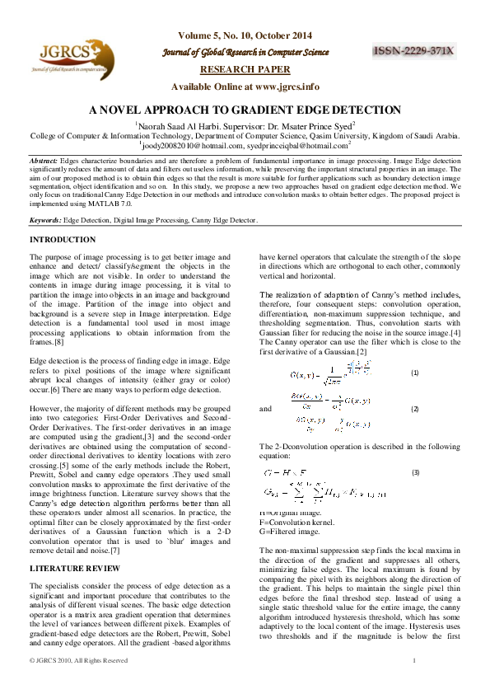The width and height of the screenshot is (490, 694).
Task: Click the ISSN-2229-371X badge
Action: (x=414, y=51)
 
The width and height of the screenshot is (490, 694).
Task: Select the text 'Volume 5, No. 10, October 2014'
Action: (x=245, y=35)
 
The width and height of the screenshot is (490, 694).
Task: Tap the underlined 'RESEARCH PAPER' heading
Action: (x=245, y=69)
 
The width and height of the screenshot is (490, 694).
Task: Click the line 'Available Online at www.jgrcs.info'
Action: (x=245, y=87)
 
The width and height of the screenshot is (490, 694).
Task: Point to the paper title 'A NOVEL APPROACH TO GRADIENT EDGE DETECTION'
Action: (x=245, y=110)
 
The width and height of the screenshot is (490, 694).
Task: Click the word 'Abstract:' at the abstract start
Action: (x=44, y=160)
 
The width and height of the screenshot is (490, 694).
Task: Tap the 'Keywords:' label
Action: (x=45, y=221)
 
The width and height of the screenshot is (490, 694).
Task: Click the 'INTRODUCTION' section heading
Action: (x=63, y=240)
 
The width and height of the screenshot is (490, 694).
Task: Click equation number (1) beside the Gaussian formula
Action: (x=415, y=373)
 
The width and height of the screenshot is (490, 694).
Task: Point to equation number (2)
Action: (x=415, y=409)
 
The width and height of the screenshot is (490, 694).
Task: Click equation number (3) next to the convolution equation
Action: (x=415, y=473)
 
